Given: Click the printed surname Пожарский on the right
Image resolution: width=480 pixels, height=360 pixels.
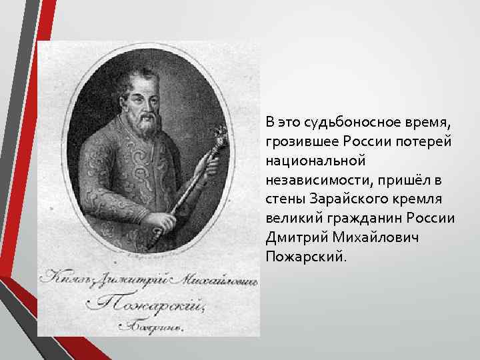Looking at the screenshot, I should [x=305, y=257].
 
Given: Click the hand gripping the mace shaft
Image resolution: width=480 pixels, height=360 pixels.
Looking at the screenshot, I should [x=157, y=219].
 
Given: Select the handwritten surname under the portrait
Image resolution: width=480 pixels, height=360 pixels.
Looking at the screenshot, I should [x=143, y=304].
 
